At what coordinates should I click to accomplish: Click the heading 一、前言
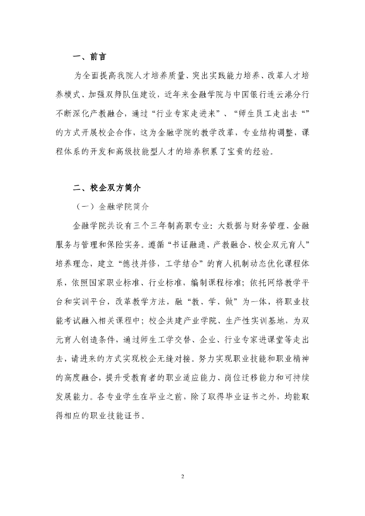point(89,56)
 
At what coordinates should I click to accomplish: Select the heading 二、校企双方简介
point(106,187)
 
